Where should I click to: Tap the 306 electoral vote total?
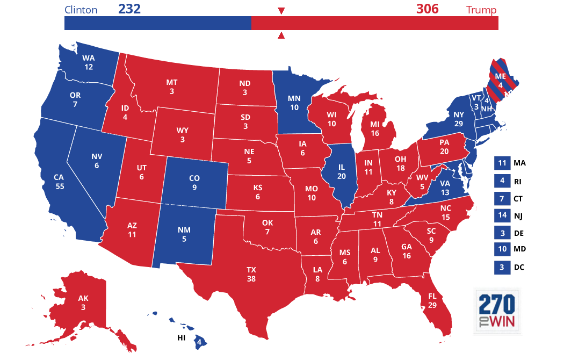click(x=427, y=9)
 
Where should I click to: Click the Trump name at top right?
click(x=481, y=10)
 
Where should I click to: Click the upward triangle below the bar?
click(x=280, y=36)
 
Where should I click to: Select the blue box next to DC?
click(x=502, y=267)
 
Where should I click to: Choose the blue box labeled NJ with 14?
click(x=502, y=215)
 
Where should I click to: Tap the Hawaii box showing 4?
click(x=199, y=341)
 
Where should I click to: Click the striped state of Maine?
click(x=501, y=81)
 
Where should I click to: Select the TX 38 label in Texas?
click(x=251, y=274)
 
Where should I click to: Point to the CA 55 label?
click(x=59, y=182)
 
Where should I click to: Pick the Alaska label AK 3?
click(x=83, y=303)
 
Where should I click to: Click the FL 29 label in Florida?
click(x=432, y=300)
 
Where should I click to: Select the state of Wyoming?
click(x=183, y=135)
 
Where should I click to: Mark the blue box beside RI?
click(x=502, y=181)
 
